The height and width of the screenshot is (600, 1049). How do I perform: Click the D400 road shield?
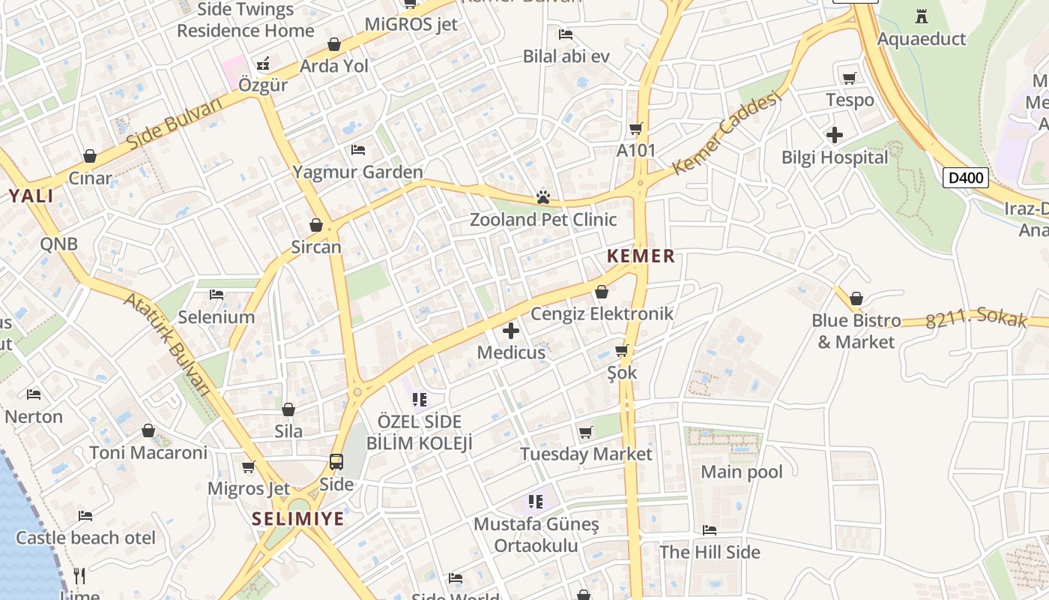pyautogui.click(x=965, y=178)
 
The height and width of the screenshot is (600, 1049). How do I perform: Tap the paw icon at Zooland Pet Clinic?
pyautogui.click(x=543, y=197)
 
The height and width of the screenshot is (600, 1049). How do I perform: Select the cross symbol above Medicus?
pyautogui.click(x=511, y=330)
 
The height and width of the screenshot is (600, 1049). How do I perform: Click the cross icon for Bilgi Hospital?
pyautogui.click(x=834, y=136)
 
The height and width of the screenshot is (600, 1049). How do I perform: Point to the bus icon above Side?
pyautogui.click(x=336, y=462)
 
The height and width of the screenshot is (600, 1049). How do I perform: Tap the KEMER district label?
pyautogui.click(x=641, y=256)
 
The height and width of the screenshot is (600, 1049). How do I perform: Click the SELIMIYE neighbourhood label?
pyautogui.click(x=297, y=518)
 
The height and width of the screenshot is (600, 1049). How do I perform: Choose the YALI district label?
pyautogui.click(x=31, y=196)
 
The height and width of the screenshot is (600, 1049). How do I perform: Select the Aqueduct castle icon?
pyautogui.click(x=921, y=16)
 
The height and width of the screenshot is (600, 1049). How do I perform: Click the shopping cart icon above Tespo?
pyautogui.click(x=849, y=78)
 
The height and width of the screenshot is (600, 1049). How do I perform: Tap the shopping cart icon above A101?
pyautogui.click(x=636, y=128)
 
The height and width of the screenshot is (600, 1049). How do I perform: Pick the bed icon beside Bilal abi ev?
pyautogui.click(x=566, y=34)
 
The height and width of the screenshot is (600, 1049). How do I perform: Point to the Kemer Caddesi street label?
pyautogui.click(x=727, y=132)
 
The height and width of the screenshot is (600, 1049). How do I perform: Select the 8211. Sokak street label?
pyautogui.click(x=976, y=319)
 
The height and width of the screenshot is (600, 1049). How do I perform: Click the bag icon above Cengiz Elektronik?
pyautogui.click(x=601, y=292)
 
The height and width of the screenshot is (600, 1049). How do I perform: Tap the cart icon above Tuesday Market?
pyautogui.click(x=586, y=432)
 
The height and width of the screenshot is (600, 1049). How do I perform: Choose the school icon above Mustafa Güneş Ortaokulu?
pyautogui.click(x=535, y=500)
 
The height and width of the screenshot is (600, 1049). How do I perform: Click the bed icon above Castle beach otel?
pyautogui.click(x=85, y=516)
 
